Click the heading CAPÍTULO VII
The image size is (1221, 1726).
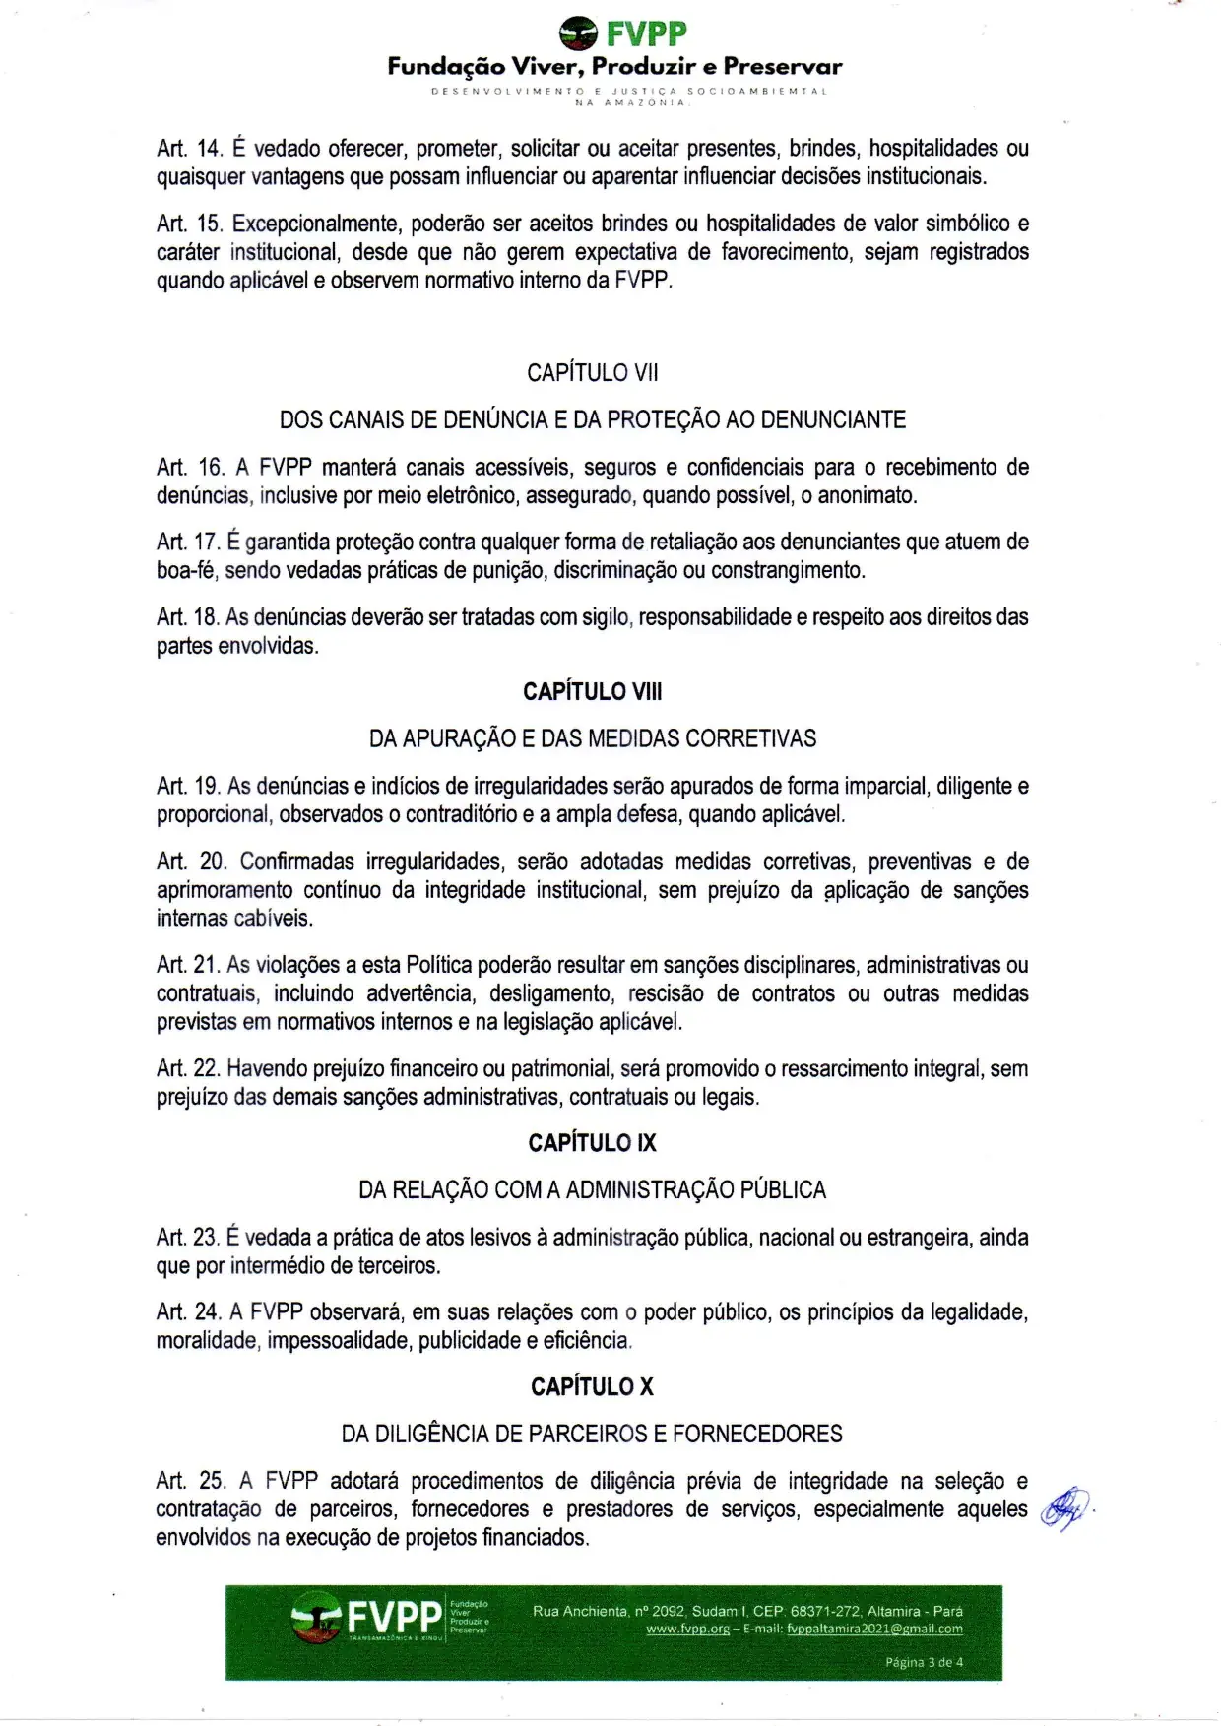pos(592,373)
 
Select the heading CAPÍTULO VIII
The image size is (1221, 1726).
pos(592,692)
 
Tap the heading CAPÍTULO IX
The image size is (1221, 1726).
pos(592,1143)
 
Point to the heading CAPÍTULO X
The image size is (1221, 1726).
pos(592,1387)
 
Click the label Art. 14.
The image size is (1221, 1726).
pos(190,149)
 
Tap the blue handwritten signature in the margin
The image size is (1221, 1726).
pos(1064,1509)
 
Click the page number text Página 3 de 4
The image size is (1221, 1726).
pos(924,1662)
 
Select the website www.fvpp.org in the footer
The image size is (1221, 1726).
pos(687,1629)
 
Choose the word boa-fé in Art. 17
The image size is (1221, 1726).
pos(186,571)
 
